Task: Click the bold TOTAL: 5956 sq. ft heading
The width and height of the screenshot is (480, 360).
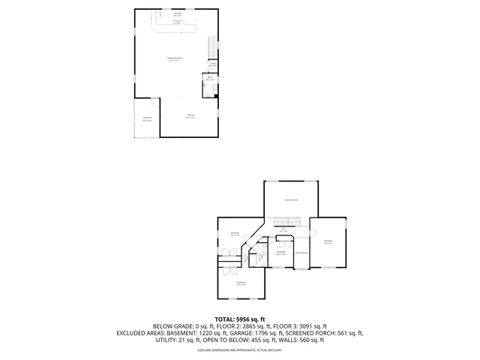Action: click(239, 319)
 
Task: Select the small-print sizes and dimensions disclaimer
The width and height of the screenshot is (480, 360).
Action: click(239, 349)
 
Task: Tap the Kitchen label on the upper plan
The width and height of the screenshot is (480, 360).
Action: click(178, 15)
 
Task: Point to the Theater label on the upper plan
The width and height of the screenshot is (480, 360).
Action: click(191, 115)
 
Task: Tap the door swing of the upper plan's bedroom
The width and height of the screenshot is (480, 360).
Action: click(154, 102)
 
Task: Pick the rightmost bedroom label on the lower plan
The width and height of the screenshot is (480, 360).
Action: click(328, 241)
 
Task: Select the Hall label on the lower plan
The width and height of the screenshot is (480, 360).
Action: click(283, 229)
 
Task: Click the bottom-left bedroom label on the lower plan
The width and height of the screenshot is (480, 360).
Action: click(241, 283)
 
